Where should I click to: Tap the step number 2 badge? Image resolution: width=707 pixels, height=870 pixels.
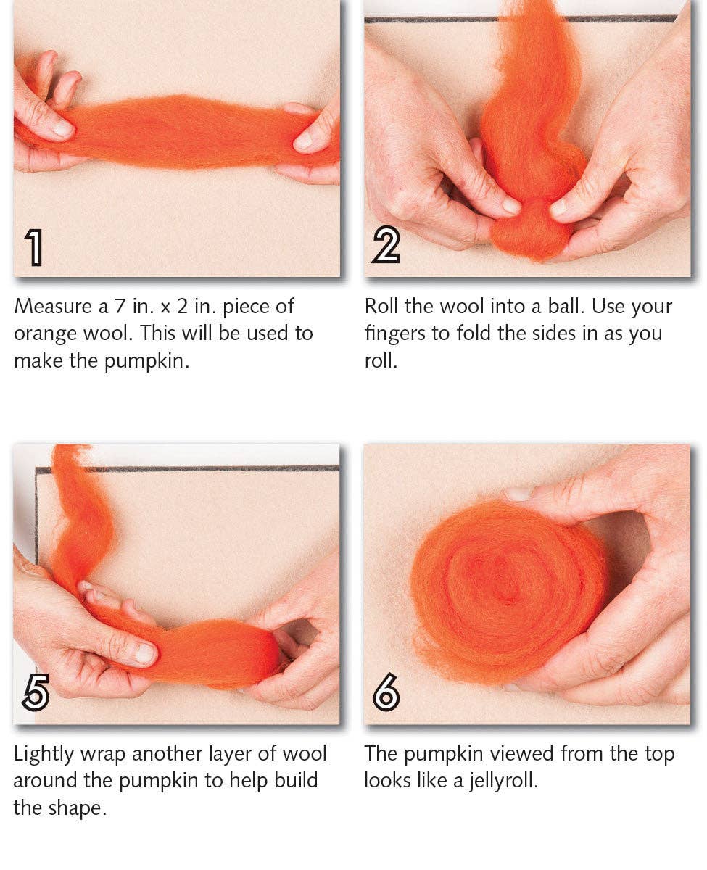click(385, 247)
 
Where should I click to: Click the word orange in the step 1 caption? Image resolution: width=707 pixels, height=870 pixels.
click(44, 333)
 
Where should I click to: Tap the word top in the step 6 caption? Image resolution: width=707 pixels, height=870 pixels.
click(656, 753)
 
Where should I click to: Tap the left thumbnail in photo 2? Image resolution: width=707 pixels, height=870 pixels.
click(512, 205)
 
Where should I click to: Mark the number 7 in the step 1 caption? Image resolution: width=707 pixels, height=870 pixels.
click(120, 306)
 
